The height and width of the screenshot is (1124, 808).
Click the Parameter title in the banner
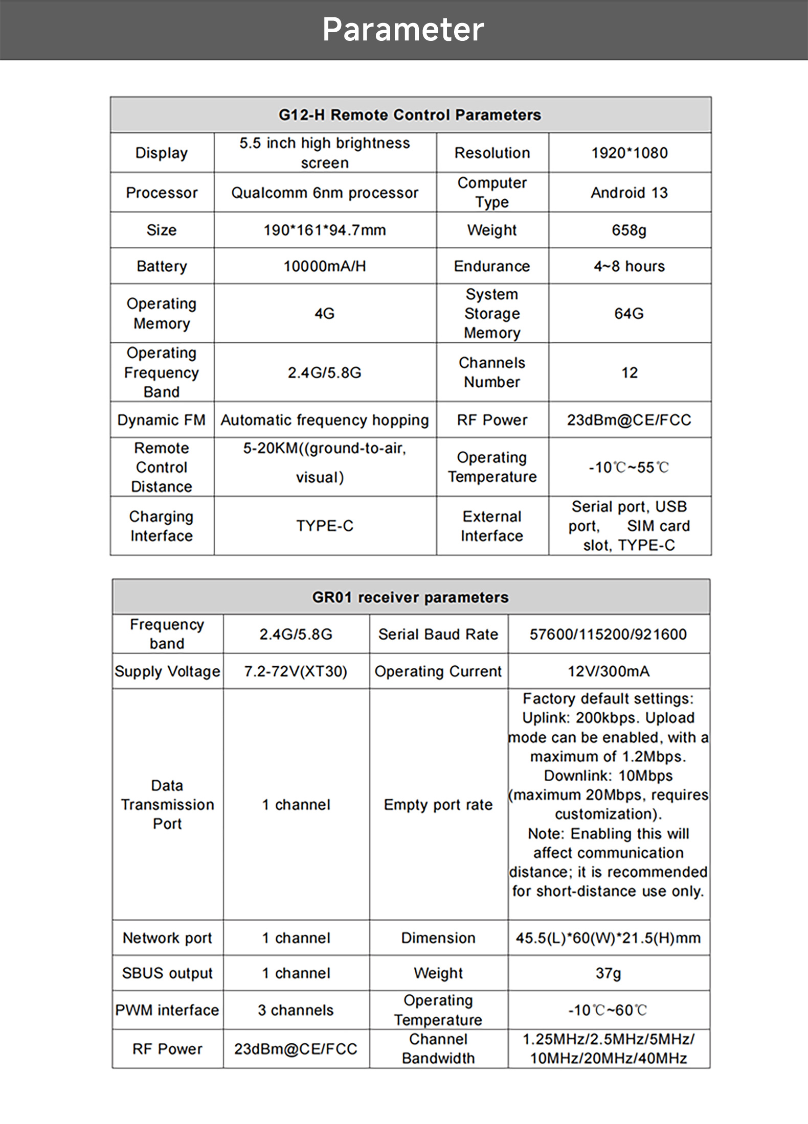pos(403,30)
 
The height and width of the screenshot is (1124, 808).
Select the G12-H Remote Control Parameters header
pos(410,115)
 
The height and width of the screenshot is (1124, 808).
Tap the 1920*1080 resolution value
pos(630,153)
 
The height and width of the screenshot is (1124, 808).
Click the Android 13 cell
pos(630,193)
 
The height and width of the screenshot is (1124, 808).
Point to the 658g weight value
pos(630,230)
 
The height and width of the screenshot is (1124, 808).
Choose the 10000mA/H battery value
pos(325,266)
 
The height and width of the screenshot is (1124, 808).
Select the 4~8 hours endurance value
pos(630,266)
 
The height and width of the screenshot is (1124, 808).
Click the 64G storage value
pos(630,313)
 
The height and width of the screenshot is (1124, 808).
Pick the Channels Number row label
pos(492,372)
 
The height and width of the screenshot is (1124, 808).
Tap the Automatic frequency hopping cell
pos(325,420)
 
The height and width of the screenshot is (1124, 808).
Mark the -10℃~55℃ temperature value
pos(630,467)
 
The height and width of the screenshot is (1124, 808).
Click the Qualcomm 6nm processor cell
pos(325,193)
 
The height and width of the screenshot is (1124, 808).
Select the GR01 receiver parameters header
pos(410,597)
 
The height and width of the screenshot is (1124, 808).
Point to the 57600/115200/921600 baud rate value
pos(608,634)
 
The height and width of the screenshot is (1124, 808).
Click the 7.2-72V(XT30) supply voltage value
pos(296,671)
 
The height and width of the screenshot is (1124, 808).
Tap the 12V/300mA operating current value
pos(608,671)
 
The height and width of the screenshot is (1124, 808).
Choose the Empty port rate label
pos(438,805)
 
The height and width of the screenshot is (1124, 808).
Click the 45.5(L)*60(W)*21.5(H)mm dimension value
pos(608,938)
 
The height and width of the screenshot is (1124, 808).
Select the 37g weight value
pos(608,973)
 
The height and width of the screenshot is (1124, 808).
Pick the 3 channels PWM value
pos(296,1010)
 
